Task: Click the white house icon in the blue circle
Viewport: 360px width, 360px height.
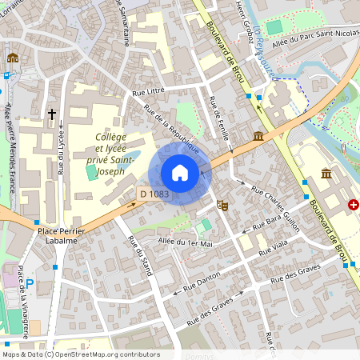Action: [180, 173]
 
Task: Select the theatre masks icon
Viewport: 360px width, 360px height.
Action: [225, 206]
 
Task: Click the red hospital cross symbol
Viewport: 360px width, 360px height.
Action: [353, 206]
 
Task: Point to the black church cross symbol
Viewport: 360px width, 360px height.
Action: [53, 115]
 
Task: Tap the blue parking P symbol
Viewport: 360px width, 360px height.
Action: [30, 283]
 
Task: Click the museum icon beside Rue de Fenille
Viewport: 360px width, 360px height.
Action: [258, 138]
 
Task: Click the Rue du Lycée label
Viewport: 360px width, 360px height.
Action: [61, 157]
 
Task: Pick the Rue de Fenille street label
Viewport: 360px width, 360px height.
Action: [218, 118]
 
